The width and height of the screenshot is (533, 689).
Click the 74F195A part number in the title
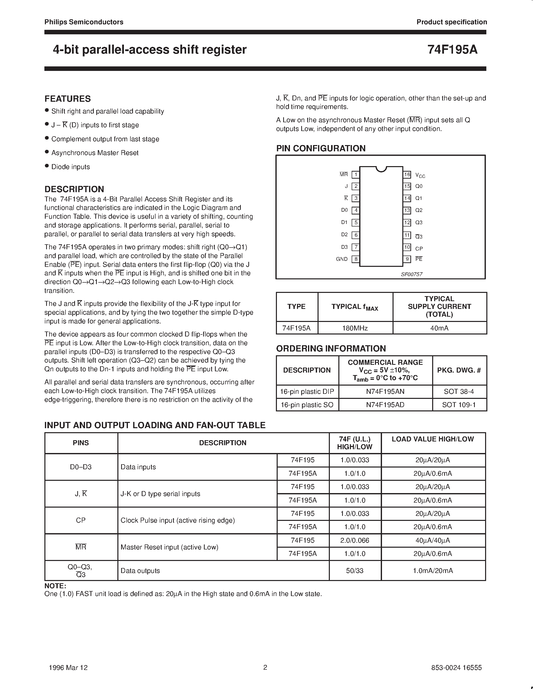coord(452,50)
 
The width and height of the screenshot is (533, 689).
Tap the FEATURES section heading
coord(67,99)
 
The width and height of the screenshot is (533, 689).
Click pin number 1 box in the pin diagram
coord(356,174)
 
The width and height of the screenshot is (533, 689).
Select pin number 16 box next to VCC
coord(407,174)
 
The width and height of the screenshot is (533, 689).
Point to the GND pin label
coord(342,259)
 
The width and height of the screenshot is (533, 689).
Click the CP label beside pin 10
coord(419,249)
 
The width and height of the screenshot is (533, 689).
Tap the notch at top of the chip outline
coord(382,169)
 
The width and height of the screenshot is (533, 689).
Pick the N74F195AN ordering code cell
coord(385,392)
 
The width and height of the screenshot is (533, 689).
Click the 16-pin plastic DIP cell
coord(307,392)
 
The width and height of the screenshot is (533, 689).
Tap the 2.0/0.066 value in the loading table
coord(355,540)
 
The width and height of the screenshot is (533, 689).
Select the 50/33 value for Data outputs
coord(355,571)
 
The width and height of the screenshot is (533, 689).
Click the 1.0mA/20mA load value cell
coord(433,571)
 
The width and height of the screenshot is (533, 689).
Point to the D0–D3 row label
coord(81,467)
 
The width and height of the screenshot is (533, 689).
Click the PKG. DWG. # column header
coord(459,370)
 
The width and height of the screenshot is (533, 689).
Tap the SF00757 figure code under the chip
coord(411,274)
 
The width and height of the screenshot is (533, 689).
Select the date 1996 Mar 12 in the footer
coord(68,667)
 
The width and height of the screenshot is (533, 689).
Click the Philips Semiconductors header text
coord(84,22)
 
